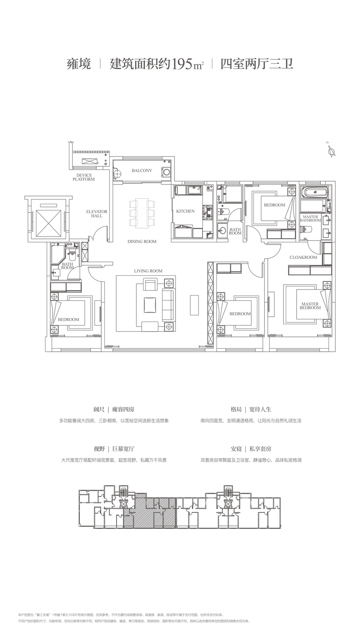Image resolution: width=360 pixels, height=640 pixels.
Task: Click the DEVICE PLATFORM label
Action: [84, 177]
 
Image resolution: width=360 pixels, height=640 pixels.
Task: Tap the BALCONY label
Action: [142, 170]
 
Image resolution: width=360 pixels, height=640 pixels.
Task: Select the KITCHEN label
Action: [185, 211]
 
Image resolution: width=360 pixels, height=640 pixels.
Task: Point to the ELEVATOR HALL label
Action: [97, 213]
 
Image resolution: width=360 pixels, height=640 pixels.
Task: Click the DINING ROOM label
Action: [142, 242]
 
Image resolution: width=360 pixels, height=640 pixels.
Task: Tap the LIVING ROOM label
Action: [148, 271]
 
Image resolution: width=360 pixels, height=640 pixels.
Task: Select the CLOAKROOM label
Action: [303, 257]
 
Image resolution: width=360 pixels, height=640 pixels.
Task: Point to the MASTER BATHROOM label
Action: [310, 219]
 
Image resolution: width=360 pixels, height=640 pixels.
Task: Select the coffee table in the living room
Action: [150, 304]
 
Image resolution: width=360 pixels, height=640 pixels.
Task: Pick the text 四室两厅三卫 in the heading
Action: [256, 64]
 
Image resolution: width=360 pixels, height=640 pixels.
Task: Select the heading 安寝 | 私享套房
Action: [251, 449]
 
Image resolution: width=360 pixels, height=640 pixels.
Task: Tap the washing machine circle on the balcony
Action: [167, 171]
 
